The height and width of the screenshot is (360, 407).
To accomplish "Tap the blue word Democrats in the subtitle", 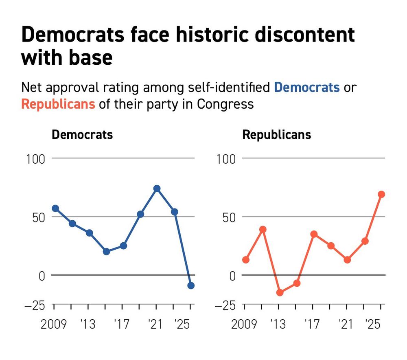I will click(x=307, y=87).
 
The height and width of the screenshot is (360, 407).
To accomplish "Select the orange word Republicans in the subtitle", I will click(x=58, y=104).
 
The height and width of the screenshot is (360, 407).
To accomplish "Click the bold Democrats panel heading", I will click(x=82, y=135).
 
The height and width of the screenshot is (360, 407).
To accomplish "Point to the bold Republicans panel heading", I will click(x=277, y=135).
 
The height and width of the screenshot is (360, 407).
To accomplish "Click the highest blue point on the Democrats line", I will click(x=157, y=189).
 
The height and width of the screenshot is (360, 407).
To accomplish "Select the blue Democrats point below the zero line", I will click(x=191, y=285).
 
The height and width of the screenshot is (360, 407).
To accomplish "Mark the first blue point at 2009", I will click(x=55, y=209).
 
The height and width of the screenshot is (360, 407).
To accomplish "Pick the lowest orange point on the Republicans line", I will click(x=280, y=292).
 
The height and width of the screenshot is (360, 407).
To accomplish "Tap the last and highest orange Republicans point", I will click(x=381, y=194).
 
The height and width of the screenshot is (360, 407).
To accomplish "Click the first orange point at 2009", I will click(x=245, y=260).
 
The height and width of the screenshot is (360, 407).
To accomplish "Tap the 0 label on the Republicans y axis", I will click(x=232, y=276).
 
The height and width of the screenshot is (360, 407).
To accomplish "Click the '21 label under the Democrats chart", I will click(x=155, y=324).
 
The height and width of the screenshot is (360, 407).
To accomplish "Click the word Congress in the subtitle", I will click(x=225, y=104).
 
